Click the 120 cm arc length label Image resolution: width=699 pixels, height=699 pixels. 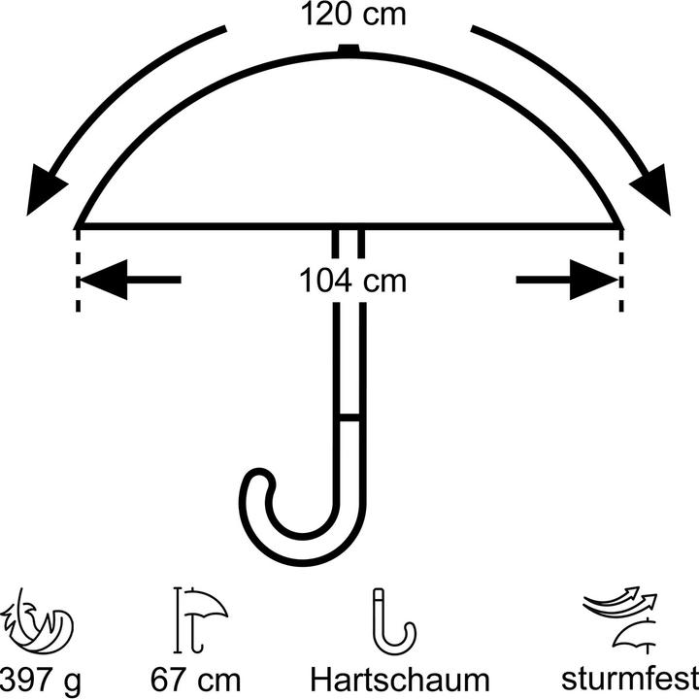pyautogui.click(x=353, y=15)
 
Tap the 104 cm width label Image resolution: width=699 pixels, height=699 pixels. pyautogui.click(x=352, y=281)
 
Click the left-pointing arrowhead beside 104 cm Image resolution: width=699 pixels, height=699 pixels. pyautogui.click(x=104, y=280)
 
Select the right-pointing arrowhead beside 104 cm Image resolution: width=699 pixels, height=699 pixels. pyautogui.click(x=594, y=280)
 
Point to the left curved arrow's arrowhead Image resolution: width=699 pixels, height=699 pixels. pyautogui.click(x=45, y=189)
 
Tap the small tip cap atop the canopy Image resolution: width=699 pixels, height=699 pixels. pyautogui.click(x=349, y=49)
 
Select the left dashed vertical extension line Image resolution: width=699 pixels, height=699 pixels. pyautogui.click(x=78, y=270)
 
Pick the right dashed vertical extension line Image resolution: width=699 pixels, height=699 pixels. pyautogui.click(x=621, y=270)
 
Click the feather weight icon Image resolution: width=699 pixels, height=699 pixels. pyautogui.click(x=38, y=621)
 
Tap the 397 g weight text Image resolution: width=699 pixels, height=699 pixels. pyautogui.click(x=41, y=681)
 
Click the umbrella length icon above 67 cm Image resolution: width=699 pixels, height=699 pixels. pyautogui.click(x=200, y=619)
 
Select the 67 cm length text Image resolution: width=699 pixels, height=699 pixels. pyautogui.click(x=195, y=681)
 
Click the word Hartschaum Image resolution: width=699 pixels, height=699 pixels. pyautogui.click(x=400, y=681)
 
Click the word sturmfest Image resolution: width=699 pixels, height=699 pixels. pyautogui.click(x=630, y=678)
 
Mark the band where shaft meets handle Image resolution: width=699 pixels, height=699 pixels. pyautogui.click(x=349, y=417)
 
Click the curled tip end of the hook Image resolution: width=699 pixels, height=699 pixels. pyautogui.click(x=258, y=481)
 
